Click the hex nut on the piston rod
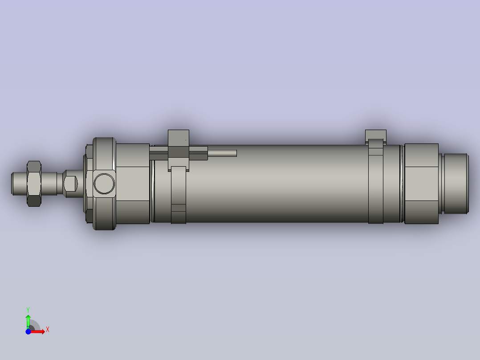tap(34, 183)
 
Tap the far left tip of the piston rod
tap(13, 184)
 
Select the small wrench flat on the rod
tap(70, 183)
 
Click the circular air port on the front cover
tap(104, 183)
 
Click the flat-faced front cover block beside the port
tap(132, 183)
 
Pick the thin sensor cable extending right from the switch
tap(222, 153)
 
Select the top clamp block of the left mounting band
tap(179, 135)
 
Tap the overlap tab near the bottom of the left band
tap(179, 208)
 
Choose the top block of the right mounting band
tap(375, 134)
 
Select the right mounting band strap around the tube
tap(375, 187)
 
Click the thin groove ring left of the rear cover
tap(402, 183)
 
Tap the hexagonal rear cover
tap(421, 183)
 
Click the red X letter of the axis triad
tap(48, 330)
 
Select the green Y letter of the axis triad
tap(28, 309)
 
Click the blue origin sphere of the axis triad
tap(28, 331)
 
